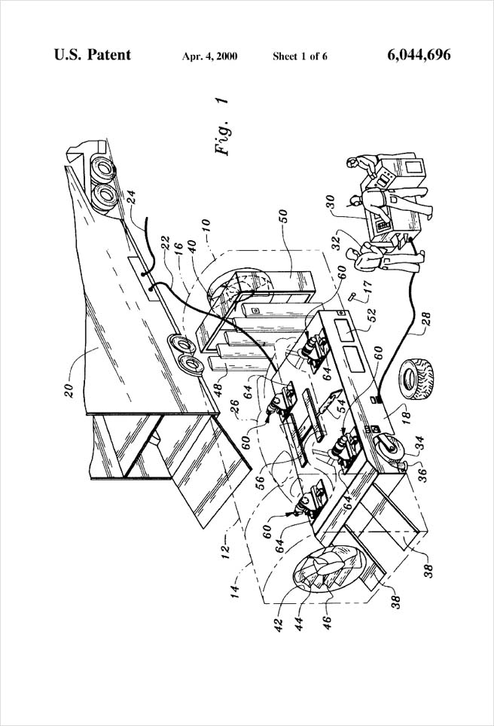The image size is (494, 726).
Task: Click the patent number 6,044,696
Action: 419,55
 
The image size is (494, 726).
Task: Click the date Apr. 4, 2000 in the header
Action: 210,56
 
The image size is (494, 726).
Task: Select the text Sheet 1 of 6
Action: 300,56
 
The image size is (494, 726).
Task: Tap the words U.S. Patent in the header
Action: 93,55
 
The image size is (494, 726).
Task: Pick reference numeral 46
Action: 327,620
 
